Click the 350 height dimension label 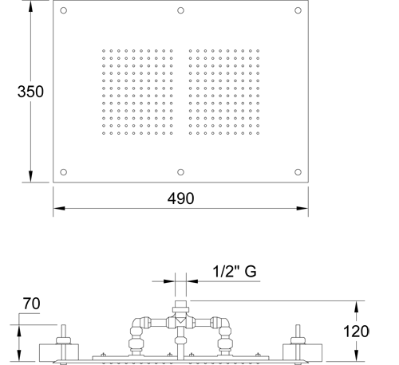point(30,92)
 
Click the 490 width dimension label point(180,198)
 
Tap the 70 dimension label point(31,304)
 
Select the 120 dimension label point(356,332)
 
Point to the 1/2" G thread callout point(235,272)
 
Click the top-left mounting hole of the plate point(63,10)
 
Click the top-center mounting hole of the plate point(180,10)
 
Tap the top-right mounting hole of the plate point(298,10)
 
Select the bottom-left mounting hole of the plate point(63,172)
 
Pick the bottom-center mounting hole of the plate point(180,172)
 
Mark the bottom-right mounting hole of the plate point(298,172)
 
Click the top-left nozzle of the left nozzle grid point(104,51)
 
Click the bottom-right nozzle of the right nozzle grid point(258,133)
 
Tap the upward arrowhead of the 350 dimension point(30,6)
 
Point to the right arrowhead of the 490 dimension point(302,208)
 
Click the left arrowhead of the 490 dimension point(59,208)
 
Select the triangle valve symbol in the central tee point(180,320)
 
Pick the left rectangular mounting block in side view point(59,353)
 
